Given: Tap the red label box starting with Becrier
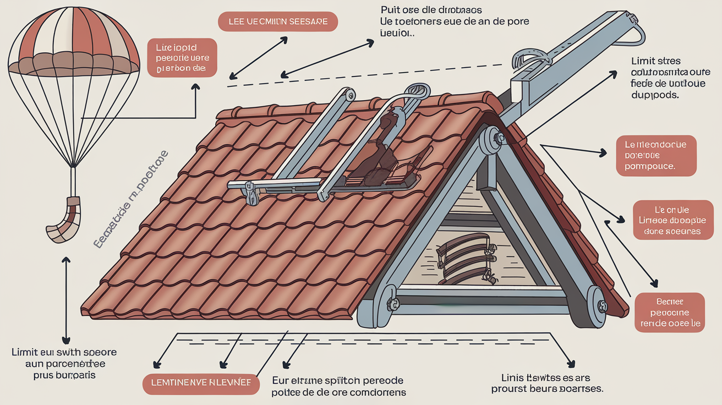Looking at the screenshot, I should click(669, 313).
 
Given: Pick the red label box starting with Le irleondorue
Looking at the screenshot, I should click(655, 155).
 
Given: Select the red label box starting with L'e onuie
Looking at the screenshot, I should click(668, 220).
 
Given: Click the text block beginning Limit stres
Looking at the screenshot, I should click(659, 78).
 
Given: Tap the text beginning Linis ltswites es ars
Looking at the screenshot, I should click(548, 383).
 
